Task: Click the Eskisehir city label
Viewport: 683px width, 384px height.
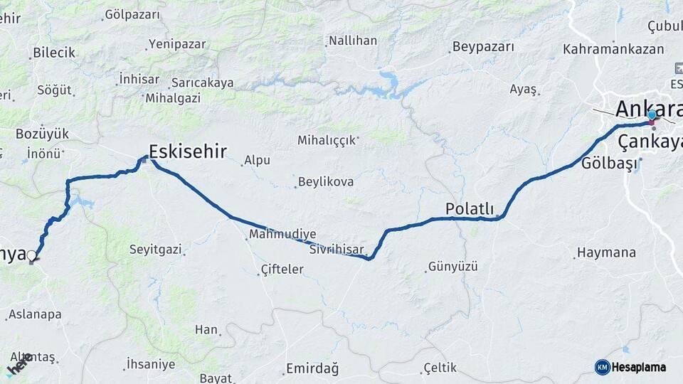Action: click(189, 151)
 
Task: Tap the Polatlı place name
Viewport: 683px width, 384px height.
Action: click(469, 208)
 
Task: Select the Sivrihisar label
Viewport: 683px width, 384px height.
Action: click(337, 250)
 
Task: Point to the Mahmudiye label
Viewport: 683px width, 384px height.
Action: click(282, 233)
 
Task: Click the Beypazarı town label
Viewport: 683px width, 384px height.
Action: click(482, 47)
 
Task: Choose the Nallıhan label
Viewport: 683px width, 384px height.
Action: click(352, 41)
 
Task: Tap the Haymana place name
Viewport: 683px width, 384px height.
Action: click(606, 252)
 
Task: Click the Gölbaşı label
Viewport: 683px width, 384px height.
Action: click(607, 163)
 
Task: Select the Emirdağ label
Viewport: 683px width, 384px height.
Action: click(312, 368)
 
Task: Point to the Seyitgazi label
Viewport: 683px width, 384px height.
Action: click(156, 250)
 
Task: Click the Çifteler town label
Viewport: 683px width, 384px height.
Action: click(282, 270)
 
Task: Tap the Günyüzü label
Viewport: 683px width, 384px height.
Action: click(452, 267)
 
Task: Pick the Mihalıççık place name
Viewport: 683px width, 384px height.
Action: click(327, 140)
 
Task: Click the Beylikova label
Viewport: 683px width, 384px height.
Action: click(326, 182)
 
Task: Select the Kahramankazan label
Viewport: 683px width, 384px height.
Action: click(613, 50)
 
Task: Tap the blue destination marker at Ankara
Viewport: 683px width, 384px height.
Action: click(652, 115)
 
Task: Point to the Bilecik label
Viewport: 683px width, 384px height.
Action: click(54, 53)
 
